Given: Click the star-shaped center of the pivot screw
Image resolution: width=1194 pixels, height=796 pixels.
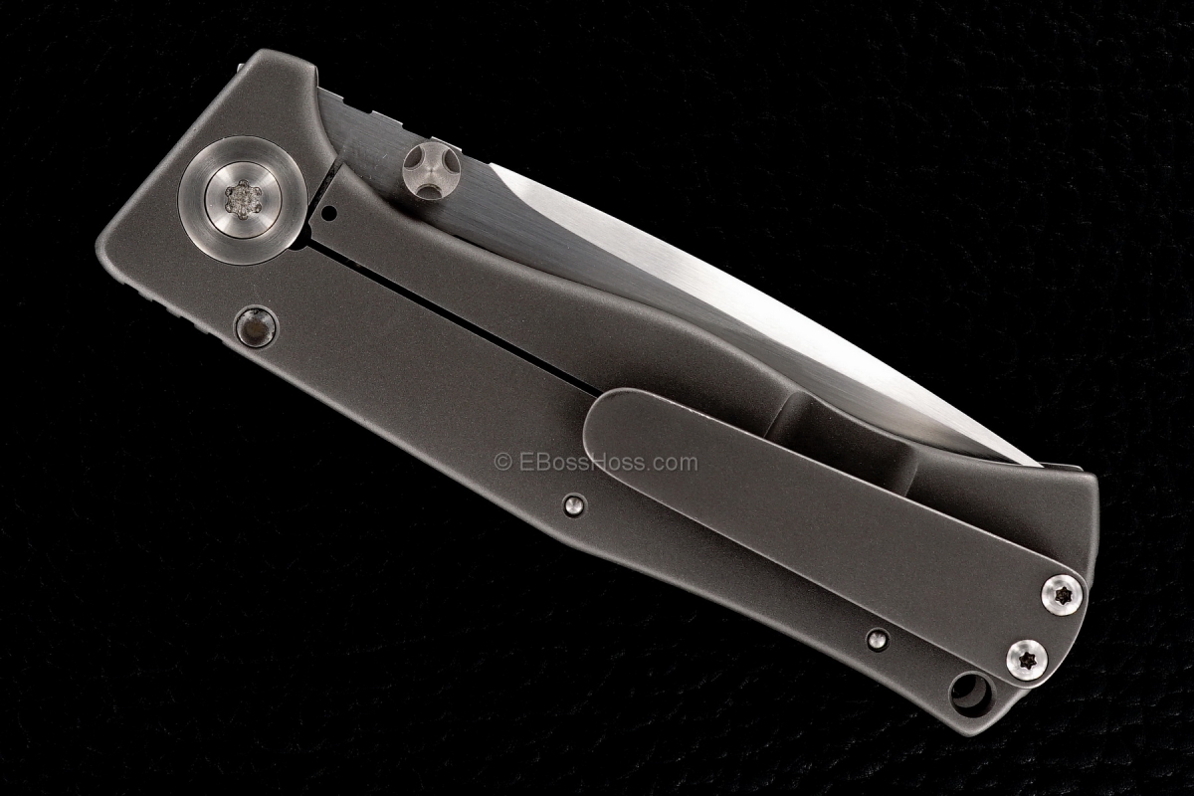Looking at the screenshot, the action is tap(243, 199).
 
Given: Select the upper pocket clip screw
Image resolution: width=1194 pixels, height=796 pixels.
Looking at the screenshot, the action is tap(1062, 595).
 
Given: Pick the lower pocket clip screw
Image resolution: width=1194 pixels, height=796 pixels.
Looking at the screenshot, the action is tap(1027, 660).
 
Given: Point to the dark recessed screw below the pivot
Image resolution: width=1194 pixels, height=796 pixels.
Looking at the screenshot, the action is tap(256, 327).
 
